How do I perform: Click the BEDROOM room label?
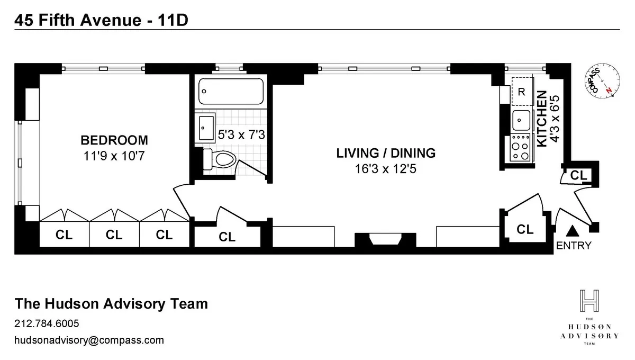(x=114, y=140)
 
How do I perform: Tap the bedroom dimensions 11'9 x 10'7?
(x=114, y=156)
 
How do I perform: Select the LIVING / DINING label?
(x=386, y=154)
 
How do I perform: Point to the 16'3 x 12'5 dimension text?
(x=386, y=169)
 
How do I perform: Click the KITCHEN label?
(x=542, y=119)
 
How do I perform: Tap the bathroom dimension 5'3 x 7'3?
(x=241, y=135)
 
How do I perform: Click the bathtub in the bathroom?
(x=231, y=92)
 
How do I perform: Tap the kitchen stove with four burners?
(x=521, y=148)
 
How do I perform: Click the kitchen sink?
(x=521, y=120)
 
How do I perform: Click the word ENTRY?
(x=574, y=246)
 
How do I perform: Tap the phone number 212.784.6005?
(x=47, y=323)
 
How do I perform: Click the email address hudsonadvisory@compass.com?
(x=89, y=340)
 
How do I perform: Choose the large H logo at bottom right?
(x=589, y=301)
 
